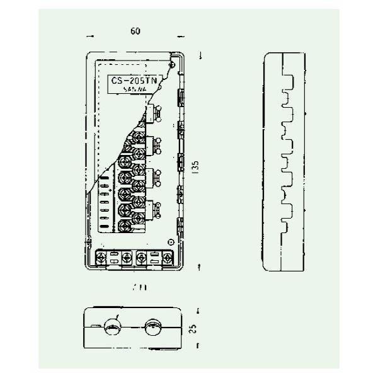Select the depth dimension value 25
point(195,328)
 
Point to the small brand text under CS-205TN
point(135,90)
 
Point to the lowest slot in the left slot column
point(103,224)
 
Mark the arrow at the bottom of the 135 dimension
point(199,269)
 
